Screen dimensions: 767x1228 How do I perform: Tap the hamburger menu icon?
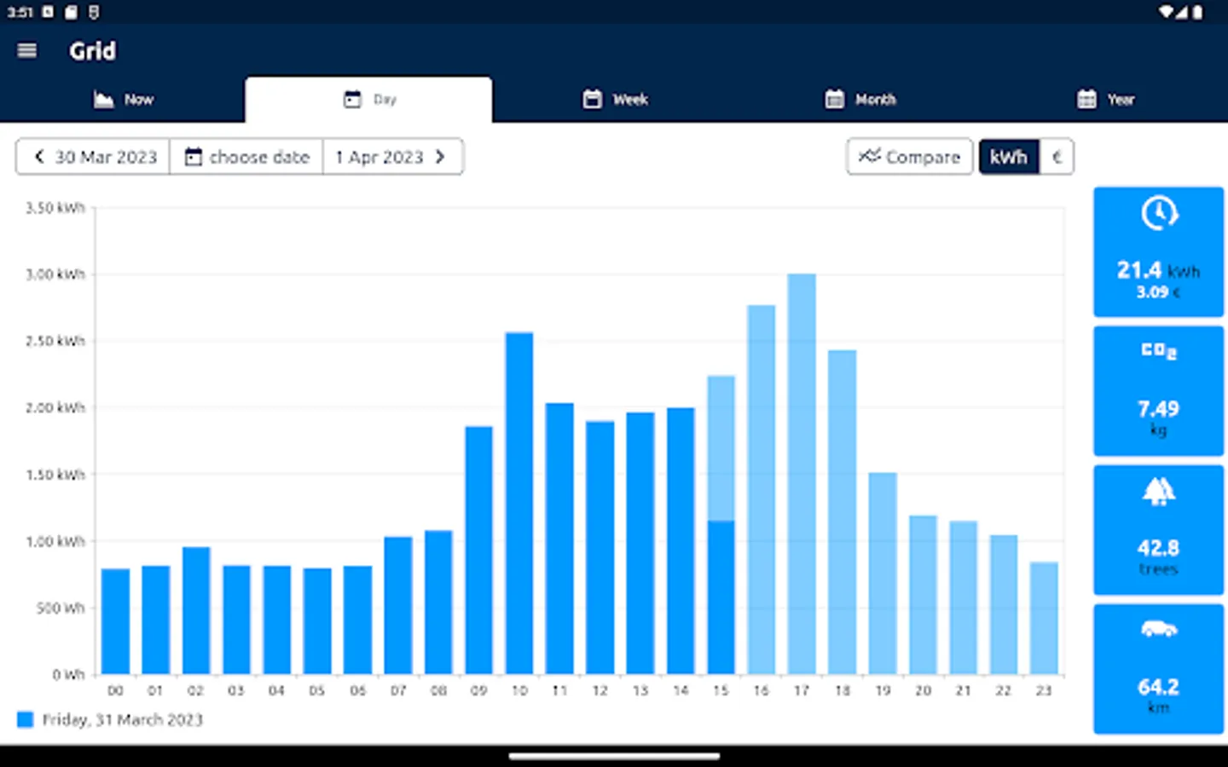(x=27, y=51)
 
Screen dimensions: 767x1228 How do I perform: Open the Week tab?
(x=616, y=100)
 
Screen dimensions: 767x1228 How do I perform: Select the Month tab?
(x=860, y=100)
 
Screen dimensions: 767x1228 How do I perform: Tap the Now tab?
(x=124, y=100)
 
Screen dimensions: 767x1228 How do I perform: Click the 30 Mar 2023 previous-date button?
(x=94, y=157)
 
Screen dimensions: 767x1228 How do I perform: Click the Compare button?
(x=909, y=157)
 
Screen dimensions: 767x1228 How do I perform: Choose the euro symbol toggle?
(x=1057, y=157)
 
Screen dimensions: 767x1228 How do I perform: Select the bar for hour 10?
(x=519, y=503)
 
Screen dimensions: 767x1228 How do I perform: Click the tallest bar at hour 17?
(x=802, y=474)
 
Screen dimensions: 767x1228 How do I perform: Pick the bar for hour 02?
(x=196, y=610)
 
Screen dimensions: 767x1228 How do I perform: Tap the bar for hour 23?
(x=1044, y=618)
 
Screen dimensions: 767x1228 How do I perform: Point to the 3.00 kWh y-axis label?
(x=55, y=274)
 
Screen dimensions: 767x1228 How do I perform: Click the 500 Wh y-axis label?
(x=60, y=608)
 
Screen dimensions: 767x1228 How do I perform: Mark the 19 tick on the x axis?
(x=883, y=690)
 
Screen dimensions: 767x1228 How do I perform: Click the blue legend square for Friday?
(x=26, y=720)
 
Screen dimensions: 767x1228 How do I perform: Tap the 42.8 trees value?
(x=1158, y=548)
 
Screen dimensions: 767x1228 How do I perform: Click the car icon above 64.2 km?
(x=1158, y=630)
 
